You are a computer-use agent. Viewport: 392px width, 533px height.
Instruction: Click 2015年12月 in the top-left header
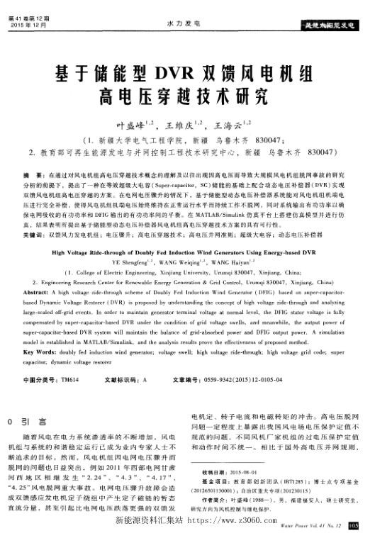click(x=26, y=24)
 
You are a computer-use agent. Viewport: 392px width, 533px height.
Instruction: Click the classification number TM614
click(x=69, y=380)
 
